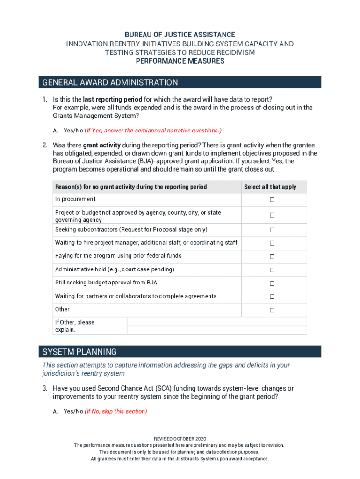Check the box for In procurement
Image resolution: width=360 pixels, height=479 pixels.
272,200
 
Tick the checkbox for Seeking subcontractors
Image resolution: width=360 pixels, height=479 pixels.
272,230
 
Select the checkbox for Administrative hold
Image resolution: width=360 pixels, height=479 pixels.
272,270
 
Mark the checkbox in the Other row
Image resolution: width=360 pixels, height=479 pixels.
272,310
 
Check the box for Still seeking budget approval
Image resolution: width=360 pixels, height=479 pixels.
272,283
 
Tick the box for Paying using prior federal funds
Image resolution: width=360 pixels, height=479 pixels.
272,257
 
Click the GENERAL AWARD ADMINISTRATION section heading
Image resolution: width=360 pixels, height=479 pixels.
110,83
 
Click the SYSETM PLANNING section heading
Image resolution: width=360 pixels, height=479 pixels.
79,352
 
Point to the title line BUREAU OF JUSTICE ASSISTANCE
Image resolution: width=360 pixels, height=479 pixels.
180,35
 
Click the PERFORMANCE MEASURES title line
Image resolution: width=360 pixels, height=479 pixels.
180,61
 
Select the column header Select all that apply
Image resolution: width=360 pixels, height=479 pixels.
270,187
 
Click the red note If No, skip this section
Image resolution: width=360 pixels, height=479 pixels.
116,411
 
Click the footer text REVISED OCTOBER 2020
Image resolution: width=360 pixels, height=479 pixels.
180,439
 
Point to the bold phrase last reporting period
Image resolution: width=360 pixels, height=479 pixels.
113,99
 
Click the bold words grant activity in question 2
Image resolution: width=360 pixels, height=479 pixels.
102,145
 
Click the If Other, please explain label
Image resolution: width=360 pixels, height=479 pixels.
75,326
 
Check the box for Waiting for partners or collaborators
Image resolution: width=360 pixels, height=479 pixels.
272,297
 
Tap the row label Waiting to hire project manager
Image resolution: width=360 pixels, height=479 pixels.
146,242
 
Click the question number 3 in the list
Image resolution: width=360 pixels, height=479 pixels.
45,388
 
